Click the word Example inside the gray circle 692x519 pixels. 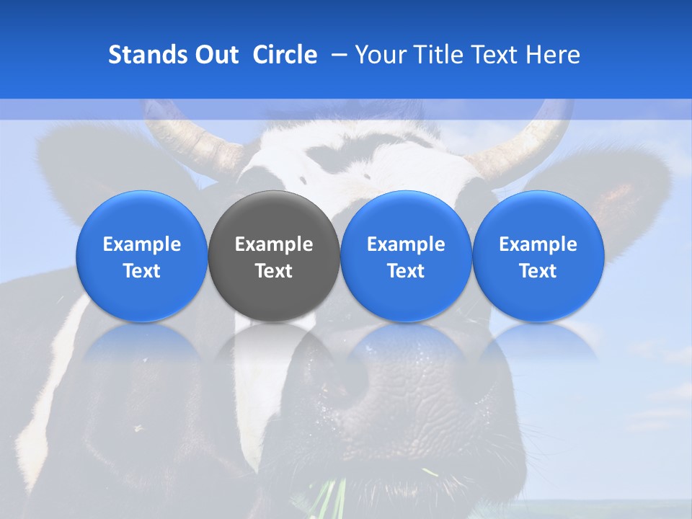click(x=274, y=245)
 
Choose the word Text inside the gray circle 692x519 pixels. click(x=274, y=271)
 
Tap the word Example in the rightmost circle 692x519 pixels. click(x=538, y=245)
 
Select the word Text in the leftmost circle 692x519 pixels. click(x=142, y=271)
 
